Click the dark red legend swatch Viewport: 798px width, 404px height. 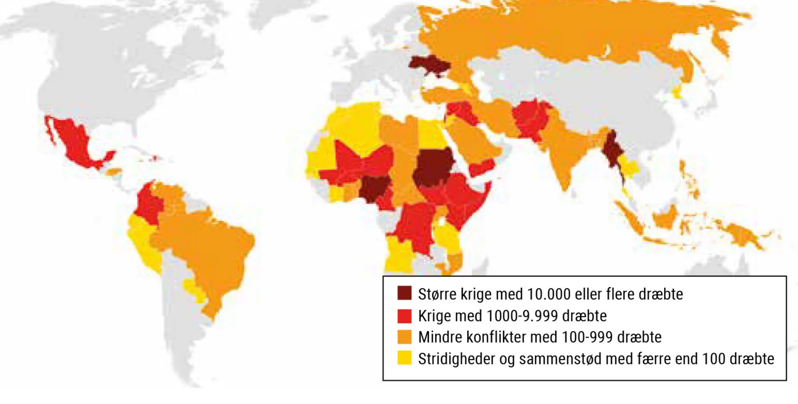coord(404,293)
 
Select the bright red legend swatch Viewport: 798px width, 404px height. coord(404,316)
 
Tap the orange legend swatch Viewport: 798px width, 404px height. coord(404,337)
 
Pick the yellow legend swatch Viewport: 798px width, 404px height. coord(404,358)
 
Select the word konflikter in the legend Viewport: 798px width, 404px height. coord(496,337)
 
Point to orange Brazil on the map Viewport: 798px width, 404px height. coord(207,248)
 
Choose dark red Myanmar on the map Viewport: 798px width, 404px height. coord(611,152)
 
